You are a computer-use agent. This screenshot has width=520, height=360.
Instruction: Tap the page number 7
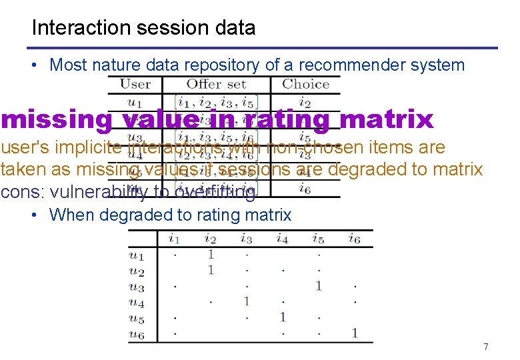coord(485,347)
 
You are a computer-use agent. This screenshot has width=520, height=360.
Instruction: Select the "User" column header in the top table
coord(135,85)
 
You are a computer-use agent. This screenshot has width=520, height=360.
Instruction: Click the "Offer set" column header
coord(216,85)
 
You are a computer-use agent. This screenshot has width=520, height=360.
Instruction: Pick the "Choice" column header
coord(305,85)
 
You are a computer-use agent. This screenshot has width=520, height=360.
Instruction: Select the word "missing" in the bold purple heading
coord(57,120)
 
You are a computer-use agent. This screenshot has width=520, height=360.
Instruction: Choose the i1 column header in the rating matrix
coord(174,239)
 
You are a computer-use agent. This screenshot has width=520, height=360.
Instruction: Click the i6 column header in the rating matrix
coord(355,239)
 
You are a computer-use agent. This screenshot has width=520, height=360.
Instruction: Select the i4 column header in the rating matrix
coord(283,239)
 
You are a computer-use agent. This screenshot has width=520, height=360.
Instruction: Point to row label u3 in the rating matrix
coord(136,287)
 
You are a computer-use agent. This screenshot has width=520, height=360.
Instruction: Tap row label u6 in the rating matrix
coord(136,334)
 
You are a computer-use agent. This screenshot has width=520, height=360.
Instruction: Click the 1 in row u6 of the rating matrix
coord(355,333)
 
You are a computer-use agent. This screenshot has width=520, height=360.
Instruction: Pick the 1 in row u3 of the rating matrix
coord(319,286)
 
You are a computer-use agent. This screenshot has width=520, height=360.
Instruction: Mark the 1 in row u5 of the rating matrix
coord(283,317)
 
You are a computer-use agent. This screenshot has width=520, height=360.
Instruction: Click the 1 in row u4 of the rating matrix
coord(246,301)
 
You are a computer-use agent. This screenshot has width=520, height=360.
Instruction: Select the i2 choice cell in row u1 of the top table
coord(305,103)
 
